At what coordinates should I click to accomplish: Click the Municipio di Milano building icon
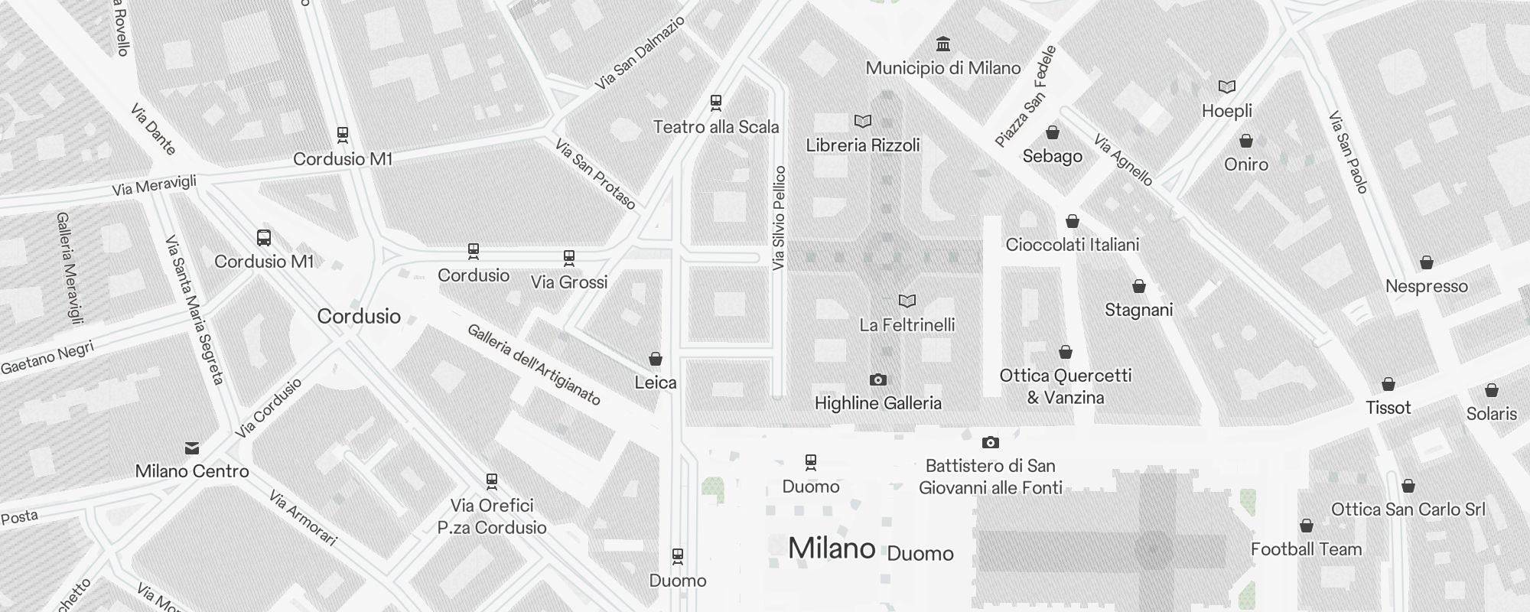click(x=943, y=44)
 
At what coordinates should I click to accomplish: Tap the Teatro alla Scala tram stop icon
click(x=716, y=103)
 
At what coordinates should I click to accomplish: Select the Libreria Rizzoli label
click(x=863, y=145)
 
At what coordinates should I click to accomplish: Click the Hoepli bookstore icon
click(x=1227, y=87)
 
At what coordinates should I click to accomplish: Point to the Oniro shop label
click(x=1246, y=164)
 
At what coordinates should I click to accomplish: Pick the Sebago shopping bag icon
click(x=1053, y=133)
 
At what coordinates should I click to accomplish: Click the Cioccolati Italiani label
click(x=1073, y=245)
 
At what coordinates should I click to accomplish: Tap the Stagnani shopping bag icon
click(x=1139, y=287)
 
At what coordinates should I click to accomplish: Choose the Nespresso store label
click(x=1427, y=287)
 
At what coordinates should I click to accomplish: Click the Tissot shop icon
click(x=1388, y=385)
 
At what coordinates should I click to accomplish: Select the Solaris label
click(x=1492, y=414)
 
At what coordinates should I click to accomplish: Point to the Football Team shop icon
click(x=1307, y=526)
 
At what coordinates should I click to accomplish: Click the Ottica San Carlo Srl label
click(x=1408, y=509)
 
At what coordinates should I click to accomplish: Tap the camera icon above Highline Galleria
click(x=878, y=380)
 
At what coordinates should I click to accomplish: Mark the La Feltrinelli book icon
click(x=907, y=301)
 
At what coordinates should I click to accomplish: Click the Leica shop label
click(x=656, y=382)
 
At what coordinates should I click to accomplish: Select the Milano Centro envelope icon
click(x=192, y=448)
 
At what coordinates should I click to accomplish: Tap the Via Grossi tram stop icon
click(x=569, y=258)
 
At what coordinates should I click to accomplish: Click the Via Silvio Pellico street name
click(x=780, y=218)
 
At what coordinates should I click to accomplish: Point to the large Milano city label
click(x=832, y=549)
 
